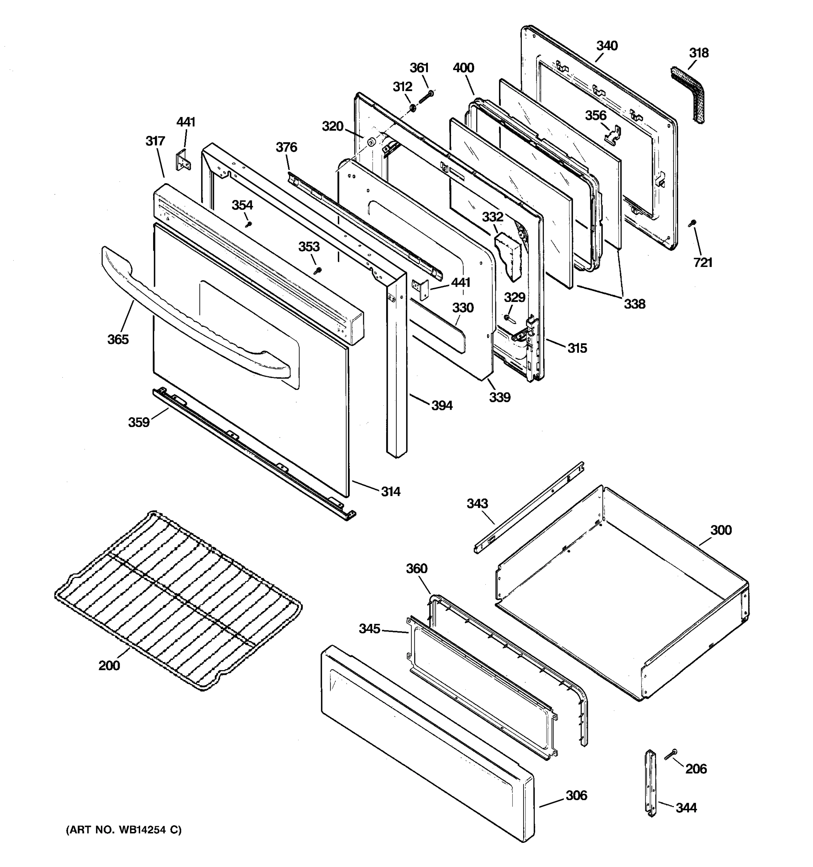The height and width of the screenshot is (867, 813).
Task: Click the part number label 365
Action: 118,339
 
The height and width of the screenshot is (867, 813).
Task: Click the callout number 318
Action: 699,53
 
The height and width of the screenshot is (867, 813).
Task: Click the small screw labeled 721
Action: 692,223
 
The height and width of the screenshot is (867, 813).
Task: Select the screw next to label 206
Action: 671,754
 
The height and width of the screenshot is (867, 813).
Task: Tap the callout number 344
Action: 686,808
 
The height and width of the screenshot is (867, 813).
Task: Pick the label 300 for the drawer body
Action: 721,530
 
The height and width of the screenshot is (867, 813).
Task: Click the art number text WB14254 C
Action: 124,830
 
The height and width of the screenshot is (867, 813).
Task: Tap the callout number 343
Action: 477,504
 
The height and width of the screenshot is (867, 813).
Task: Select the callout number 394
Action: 442,406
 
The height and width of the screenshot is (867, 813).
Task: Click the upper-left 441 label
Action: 186,122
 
